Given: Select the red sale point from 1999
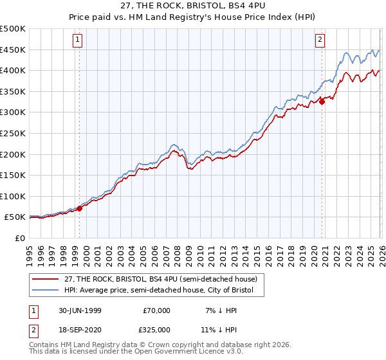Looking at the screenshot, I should click(80, 208).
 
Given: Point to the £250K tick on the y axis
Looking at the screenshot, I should click(13, 133).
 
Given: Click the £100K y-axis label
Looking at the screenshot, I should click(13, 196).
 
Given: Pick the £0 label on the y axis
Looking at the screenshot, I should click(19, 238).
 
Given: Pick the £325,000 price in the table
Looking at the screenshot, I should click(156, 330).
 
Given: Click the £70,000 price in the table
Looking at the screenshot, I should click(156, 310).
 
